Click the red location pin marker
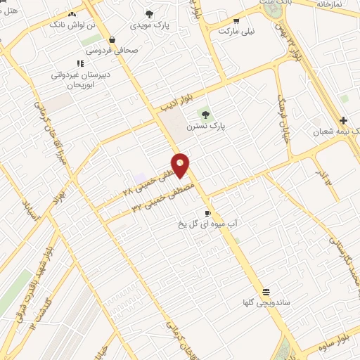[181, 165]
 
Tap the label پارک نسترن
[205, 128]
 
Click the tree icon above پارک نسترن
[205, 114]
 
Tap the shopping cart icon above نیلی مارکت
[236, 20]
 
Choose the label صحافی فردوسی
[114, 51]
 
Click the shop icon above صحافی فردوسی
[113, 39]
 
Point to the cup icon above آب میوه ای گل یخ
[207, 213]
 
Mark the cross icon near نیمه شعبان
[343, 120]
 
